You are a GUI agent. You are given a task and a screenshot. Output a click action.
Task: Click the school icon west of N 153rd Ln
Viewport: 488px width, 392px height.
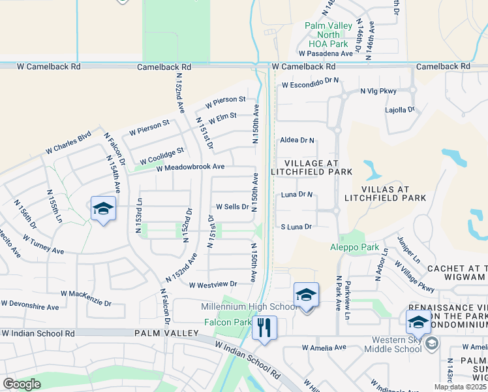tap(103, 209)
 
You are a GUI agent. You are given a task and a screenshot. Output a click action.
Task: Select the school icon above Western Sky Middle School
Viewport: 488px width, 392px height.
tap(418, 321)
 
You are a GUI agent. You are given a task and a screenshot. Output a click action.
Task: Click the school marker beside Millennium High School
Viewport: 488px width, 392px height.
tap(305, 295)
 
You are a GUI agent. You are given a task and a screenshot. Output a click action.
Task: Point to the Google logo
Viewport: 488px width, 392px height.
tap(22, 384)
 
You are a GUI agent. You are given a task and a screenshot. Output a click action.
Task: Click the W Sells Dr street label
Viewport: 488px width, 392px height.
tap(228, 206)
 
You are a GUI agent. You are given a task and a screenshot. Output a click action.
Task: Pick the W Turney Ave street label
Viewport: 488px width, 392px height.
tap(43, 244)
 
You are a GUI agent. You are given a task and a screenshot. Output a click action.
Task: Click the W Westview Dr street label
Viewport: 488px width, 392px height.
tap(213, 284)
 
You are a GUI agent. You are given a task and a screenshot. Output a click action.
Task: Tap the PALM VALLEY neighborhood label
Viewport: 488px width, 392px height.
tap(166, 333)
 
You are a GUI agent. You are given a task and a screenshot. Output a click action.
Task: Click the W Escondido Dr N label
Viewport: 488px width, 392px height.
tap(311, 82)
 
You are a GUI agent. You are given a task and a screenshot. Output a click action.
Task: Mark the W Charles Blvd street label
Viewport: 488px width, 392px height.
tap(69, 144)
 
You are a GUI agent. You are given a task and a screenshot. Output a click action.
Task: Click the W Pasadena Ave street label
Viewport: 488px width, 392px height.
tap(326, 53)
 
